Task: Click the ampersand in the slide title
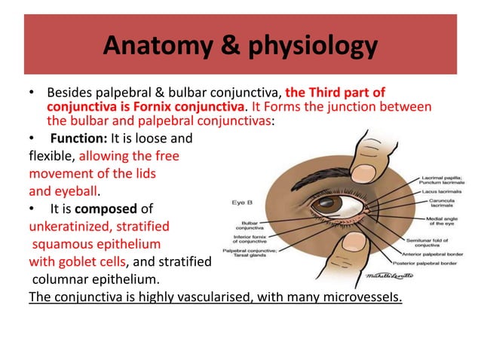coord(222,47)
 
